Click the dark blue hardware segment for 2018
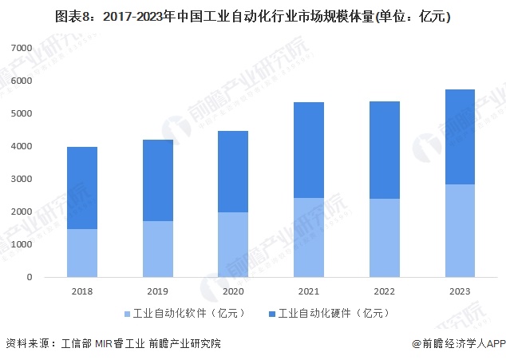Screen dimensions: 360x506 (82, 188)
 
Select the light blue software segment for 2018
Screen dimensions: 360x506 (82, 253)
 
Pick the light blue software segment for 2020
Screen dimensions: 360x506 (233, 244)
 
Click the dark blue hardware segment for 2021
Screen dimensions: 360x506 (309, 150)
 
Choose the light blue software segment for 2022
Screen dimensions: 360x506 (384, 238)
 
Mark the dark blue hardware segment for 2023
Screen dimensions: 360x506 (460, 136)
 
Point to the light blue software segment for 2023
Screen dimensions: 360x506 (460, 231)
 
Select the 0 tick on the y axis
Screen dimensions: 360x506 (27, 278)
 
